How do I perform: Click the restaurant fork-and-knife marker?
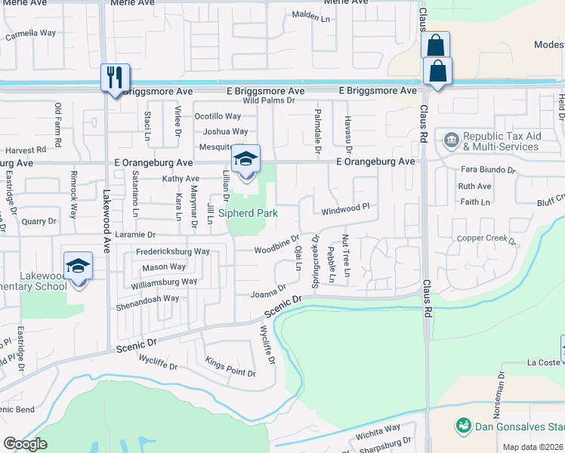pos(115,77)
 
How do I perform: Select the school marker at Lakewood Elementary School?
pos(78,266)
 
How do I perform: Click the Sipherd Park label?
pos(248,213)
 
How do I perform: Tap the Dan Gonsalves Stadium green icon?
pos(463,427)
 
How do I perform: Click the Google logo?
pos(25,444)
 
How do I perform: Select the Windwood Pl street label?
pos(345,208)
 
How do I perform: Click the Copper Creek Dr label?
pos(490,240)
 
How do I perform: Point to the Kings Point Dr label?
pos(230,363)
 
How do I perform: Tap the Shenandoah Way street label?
pos(147,298)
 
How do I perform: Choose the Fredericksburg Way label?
pos(172,251)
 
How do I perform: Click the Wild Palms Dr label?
pos(267,100)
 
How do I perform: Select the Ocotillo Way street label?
pos(218,116)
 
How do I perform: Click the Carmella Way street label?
pos(31,34)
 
